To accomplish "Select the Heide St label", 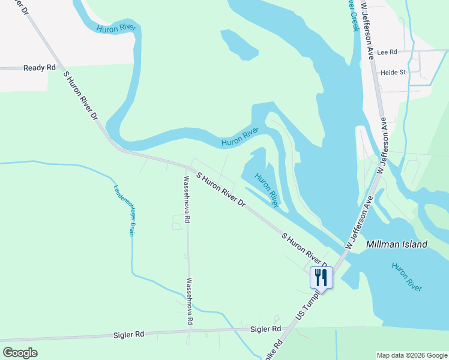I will (x=393, y=72).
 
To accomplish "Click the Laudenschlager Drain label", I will (x=122, y=209).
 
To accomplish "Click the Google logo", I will (x=20, y=353).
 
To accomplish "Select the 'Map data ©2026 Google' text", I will (x=412, y=355).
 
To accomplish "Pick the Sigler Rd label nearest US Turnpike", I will (x=265, y=329).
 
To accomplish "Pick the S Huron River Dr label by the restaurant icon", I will (x=305, y=248).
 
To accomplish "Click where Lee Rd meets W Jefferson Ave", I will (x=376, y=52).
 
